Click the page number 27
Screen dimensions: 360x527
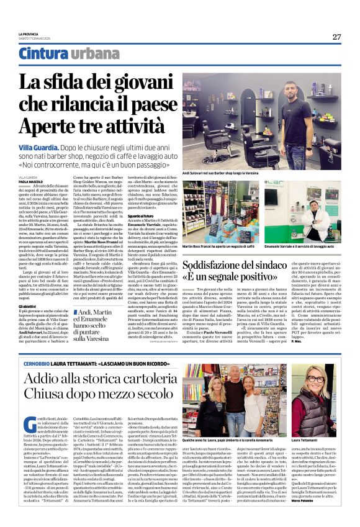click(x=336, y=37)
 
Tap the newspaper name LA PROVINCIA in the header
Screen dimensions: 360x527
click(x=29, y=34)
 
